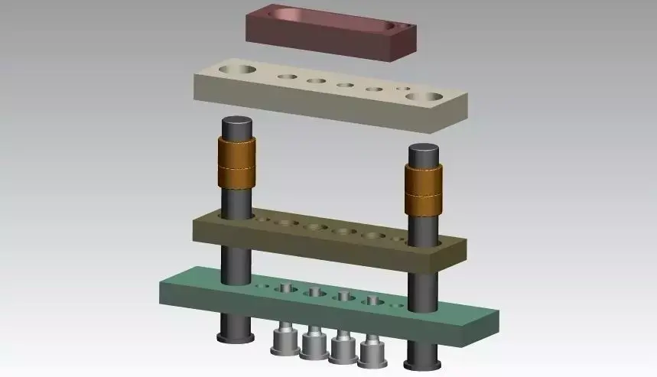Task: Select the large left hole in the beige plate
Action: click(239, 70)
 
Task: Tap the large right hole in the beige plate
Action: click(423, 97)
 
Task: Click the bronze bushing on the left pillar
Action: click(237, 164)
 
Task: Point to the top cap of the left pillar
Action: click(237, 123)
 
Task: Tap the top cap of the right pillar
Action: click(423, 151)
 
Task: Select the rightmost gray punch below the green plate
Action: click(372, 353)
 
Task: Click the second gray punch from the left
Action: click(314, 345)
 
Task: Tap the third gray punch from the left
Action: click(343, 349)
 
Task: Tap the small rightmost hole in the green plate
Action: click(395, 304)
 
